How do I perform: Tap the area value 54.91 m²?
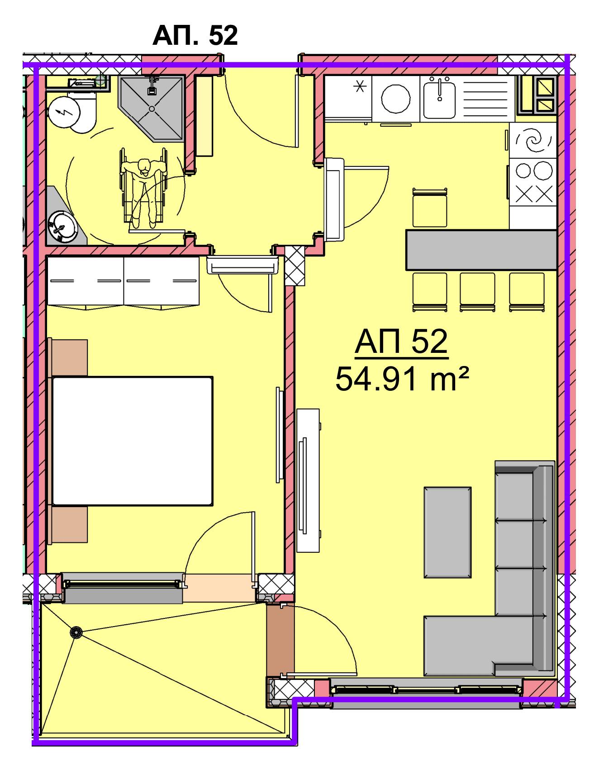click(x=401, y=379)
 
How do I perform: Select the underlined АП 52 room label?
click(x=401, y=342)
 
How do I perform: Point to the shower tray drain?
click(x=152, y=109)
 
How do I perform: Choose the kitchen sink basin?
click(x=439, y=98)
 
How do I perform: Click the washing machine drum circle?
click(x=396, y=98)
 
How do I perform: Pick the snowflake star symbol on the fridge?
click(x=361, y=86)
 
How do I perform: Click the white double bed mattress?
click(x=133, y=441)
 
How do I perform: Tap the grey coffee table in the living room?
click(x=447, y=532)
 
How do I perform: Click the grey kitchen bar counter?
click(x=481, y=250)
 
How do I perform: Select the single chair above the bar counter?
click(x=430, y=208)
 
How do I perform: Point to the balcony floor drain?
click(x=76, y=632)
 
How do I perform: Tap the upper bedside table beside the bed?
click(x=69, y=357)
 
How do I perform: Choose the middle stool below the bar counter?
click(x=477, y=291)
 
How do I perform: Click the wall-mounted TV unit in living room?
click(x=308, y=480)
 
